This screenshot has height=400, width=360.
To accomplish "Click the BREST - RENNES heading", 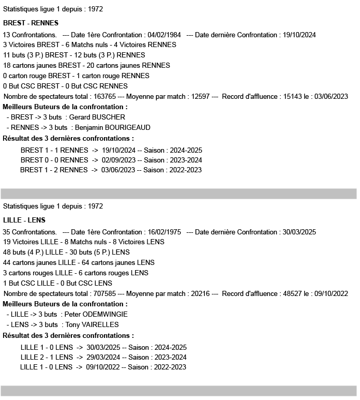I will coord(31,23).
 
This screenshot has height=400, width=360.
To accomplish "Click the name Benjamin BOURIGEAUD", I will coord(115,128).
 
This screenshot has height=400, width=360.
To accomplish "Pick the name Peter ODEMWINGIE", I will coord(96,315).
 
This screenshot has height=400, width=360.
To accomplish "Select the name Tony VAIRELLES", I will coord(92,325).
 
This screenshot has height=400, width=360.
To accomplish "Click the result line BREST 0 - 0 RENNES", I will coord(54,160).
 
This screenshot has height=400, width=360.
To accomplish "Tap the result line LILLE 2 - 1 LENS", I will coord(47,357).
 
